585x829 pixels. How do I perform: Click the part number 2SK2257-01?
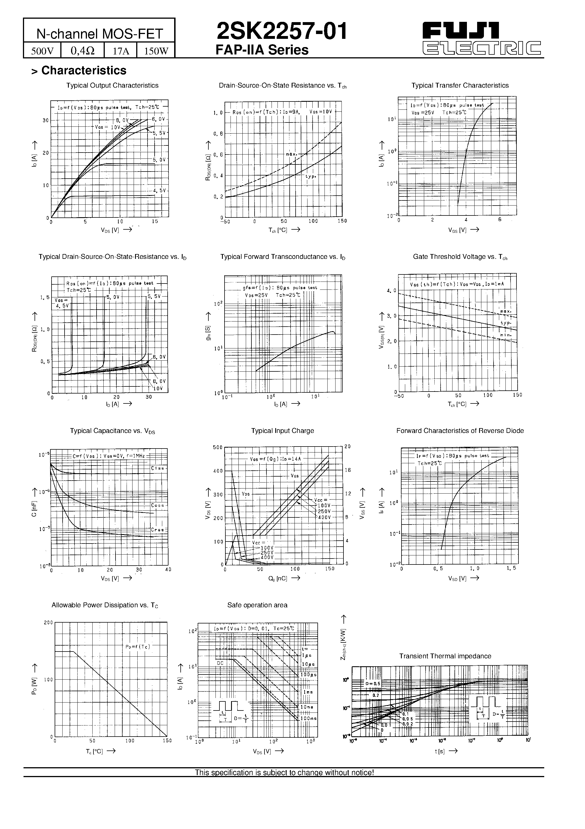click(281, 31)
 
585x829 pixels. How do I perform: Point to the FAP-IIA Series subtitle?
click(262, 50)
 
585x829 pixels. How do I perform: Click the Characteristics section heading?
click(84, 70)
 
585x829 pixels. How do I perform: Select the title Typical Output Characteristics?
click(112, 86)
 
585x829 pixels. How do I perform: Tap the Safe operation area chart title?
click(257, 605)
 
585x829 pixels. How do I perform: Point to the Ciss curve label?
click(158, 468)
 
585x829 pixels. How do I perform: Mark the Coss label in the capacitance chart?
click(158, 506)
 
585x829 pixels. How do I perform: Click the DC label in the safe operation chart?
click(220, 663)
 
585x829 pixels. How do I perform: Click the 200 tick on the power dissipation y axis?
click(48, 623)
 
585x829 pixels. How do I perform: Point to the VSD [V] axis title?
click(457, 578)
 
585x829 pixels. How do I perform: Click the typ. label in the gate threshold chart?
click(506, 323)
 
